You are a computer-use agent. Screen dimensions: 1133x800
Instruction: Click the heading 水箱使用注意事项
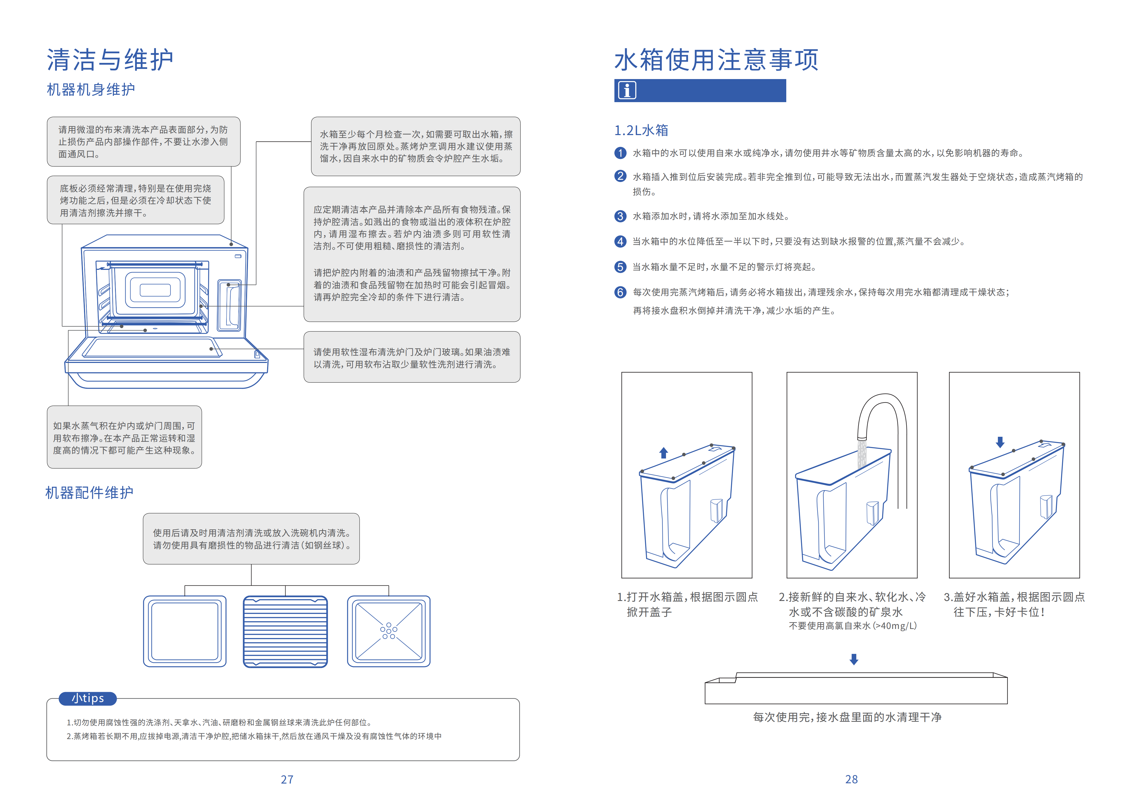coord(716,60)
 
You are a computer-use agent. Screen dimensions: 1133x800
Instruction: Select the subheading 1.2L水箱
coord(641,130)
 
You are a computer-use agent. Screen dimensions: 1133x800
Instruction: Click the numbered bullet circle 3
coord(620,216)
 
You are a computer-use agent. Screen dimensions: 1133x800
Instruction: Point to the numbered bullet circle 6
coord(620,292)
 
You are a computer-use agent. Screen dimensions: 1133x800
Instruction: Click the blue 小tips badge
coord(88,698)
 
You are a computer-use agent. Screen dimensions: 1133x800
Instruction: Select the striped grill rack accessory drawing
coord(285,631)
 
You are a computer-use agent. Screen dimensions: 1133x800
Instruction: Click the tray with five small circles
coord(388,631)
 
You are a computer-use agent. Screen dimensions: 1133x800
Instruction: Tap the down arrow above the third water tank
coord(1000,442)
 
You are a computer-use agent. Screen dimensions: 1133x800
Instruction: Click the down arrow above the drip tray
coord(854,659)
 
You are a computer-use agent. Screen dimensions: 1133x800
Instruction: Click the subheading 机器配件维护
coord(89,493)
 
